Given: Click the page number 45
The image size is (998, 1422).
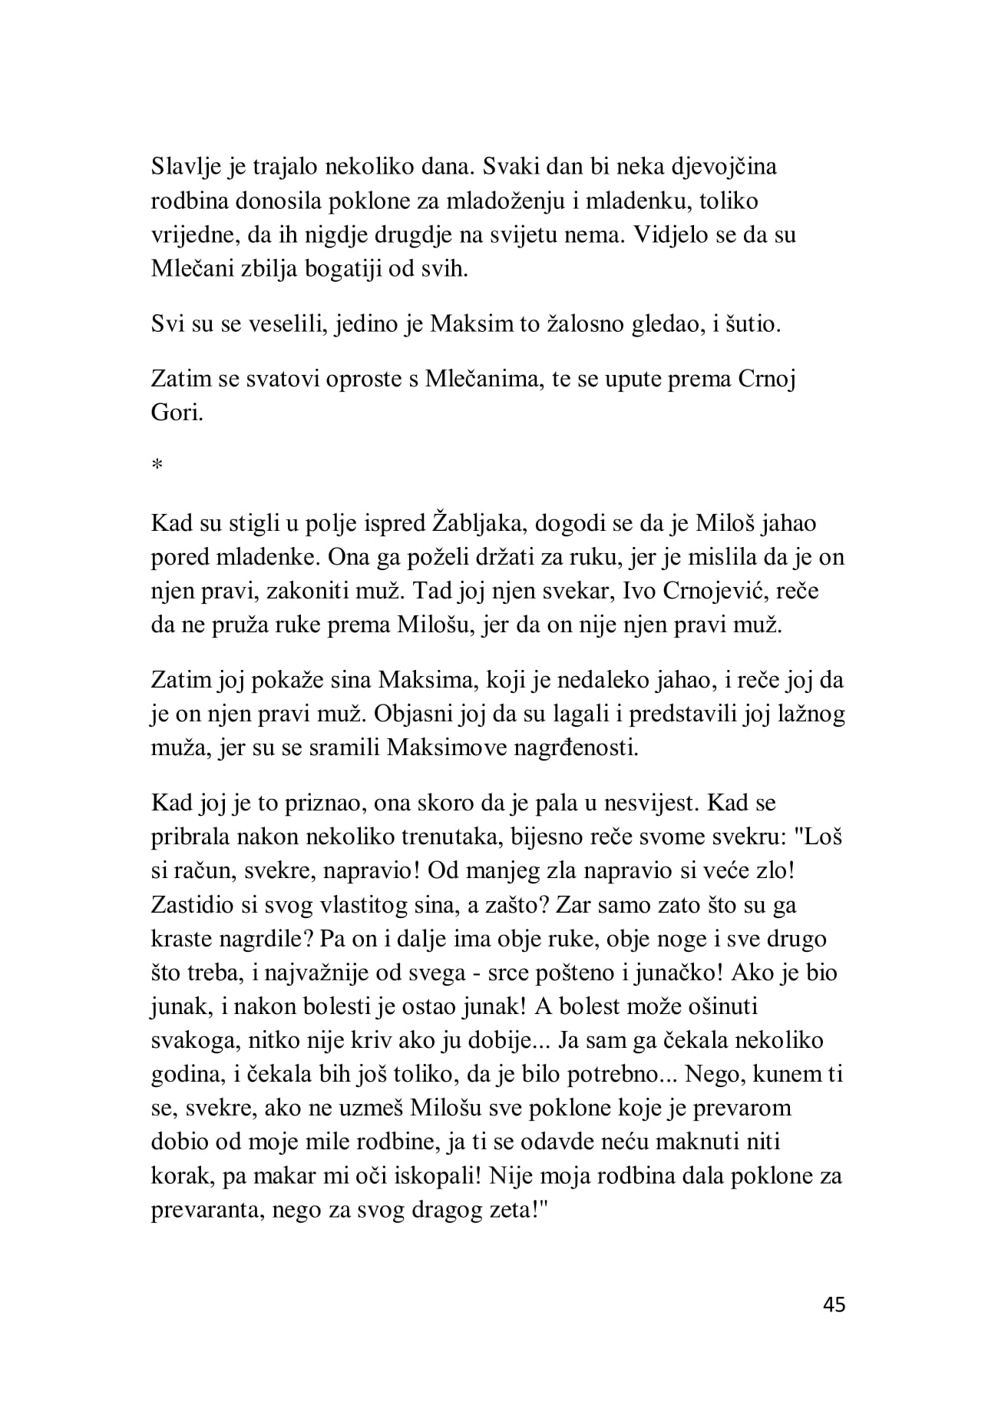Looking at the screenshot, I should (x=833, y=1304).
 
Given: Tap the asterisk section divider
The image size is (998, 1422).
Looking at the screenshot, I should (x=157, y=466).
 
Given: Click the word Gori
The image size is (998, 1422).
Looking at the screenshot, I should (x=177, y=414).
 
